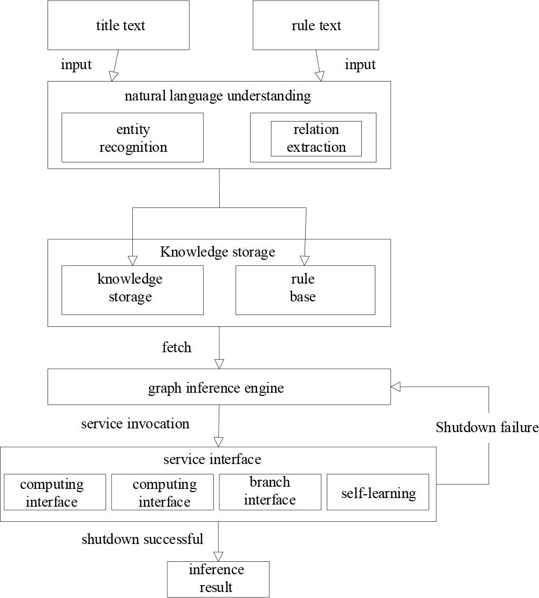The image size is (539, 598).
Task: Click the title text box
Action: [118, 25]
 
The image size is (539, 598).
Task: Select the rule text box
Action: [315, 25]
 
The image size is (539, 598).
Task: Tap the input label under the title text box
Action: [76, 65]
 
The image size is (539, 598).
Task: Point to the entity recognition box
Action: [132, 138]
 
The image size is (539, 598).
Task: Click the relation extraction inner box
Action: [316, 138]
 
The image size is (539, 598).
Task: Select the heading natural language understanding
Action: [218, 96]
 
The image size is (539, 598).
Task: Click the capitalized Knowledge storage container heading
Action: [218, 252]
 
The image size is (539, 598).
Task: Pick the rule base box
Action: [305, 290]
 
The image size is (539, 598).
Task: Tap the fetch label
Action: [177, 347]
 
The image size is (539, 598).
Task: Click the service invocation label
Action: [135, 424]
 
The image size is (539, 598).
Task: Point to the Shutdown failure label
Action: [487, 428]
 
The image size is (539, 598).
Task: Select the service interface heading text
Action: [212, 459]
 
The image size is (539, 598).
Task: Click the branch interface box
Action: [269, 492]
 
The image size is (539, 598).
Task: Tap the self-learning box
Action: [378, 493]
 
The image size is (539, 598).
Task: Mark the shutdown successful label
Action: [143, 539]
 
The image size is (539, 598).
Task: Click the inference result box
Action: [218, 579]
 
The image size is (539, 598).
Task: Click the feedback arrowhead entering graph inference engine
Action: [395, 386]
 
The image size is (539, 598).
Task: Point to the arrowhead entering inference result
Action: [218, 556]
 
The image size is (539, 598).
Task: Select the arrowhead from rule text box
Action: [320, 76]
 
